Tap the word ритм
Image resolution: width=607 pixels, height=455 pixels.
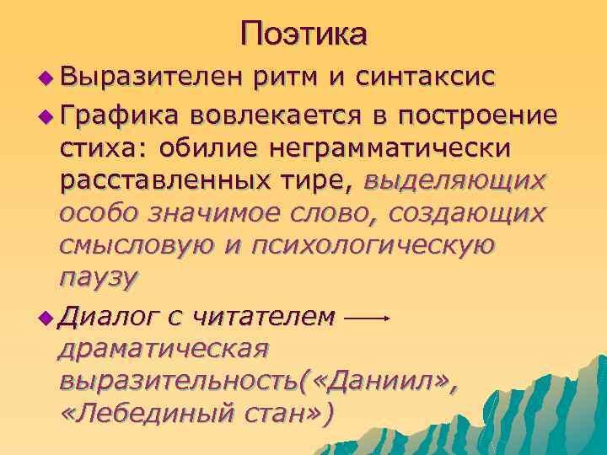(x=291, y=78)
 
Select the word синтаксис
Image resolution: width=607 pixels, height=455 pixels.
(x=430, y=78)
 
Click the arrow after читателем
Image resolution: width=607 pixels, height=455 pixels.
(x=367, y=318)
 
